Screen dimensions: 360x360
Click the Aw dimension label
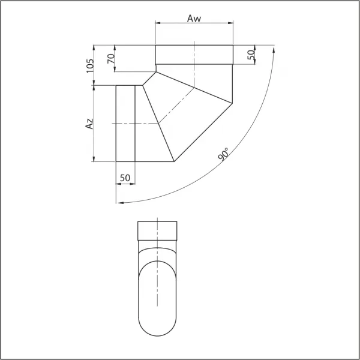[x=194, y=19]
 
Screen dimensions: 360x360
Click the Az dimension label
[x=89, y=124]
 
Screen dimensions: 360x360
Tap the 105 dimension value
[x=90, y=66]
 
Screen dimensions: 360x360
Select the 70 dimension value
[x=111, y=59]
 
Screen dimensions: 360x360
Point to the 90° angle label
[x=223, y=154]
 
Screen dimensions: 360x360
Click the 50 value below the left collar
[x=125, y=178]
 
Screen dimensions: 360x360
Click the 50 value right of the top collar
[x=251, y=55]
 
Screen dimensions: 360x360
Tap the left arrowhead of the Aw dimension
[x=158, y=23]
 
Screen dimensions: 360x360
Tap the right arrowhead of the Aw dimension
[x=230, y=23]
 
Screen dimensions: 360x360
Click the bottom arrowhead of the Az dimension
[x=94, y=159]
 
